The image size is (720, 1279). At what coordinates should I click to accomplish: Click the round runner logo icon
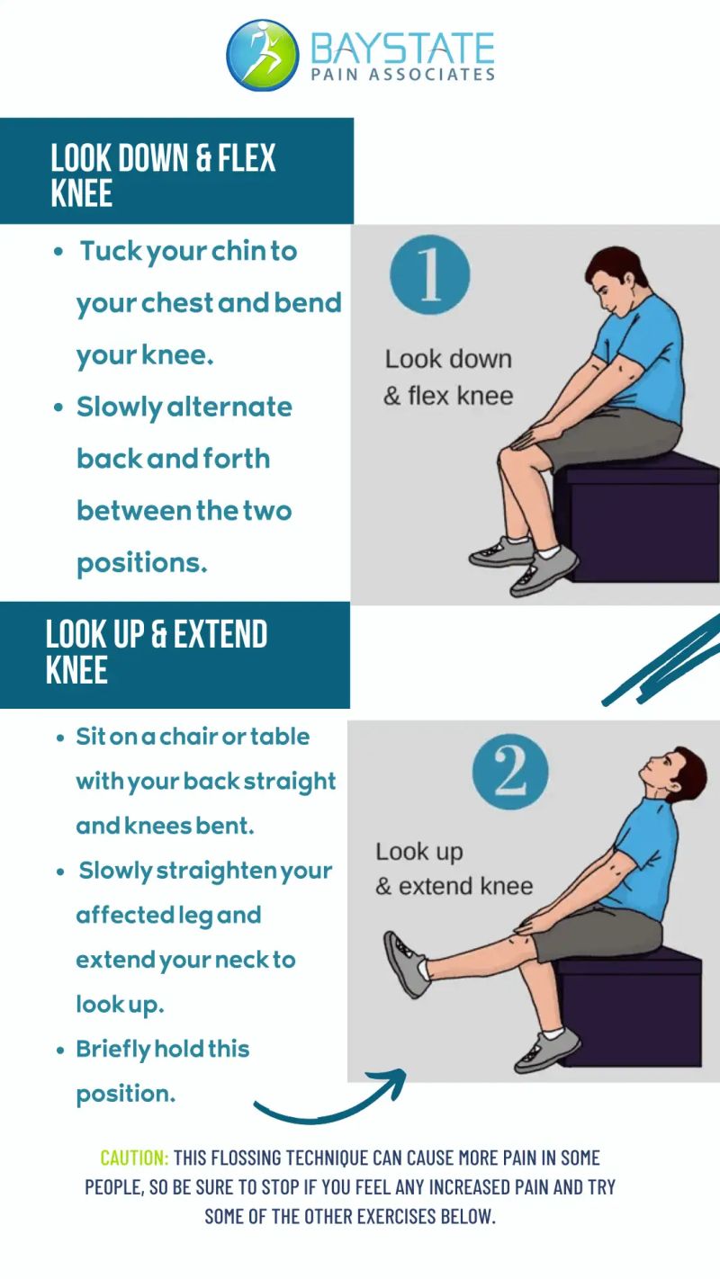262,56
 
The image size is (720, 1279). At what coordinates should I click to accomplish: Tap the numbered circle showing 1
429,274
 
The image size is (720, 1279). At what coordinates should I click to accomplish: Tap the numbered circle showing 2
510,772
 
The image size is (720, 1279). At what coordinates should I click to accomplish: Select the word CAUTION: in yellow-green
134,1158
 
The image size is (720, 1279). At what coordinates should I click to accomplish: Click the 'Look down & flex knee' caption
448,378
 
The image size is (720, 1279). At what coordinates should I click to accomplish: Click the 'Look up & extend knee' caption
454,869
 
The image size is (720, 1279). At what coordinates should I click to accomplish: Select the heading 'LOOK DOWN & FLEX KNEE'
163,174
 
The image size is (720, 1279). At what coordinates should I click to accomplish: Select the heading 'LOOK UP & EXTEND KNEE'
156,651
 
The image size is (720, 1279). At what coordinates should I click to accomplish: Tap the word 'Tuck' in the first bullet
112,251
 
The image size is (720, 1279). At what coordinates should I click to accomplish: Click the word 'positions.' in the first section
141,564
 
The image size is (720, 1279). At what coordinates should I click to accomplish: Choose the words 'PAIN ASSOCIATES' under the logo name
403,75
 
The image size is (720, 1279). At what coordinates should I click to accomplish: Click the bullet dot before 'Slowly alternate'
58,407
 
